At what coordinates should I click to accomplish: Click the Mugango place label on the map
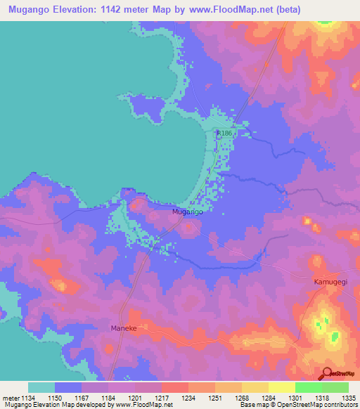(x=188, y=211)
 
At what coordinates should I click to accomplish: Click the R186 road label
(x=224, y=133)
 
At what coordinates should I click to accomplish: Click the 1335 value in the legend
(x=347, y=398)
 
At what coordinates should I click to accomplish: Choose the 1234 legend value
(x=188, y=398)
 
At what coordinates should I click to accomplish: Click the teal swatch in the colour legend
(x=41, y=387)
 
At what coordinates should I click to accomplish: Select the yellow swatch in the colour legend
(x=281, y=387)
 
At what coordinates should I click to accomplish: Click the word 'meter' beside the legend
(x=11, y=398)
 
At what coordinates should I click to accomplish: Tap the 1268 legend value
(x=241, y=398)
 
